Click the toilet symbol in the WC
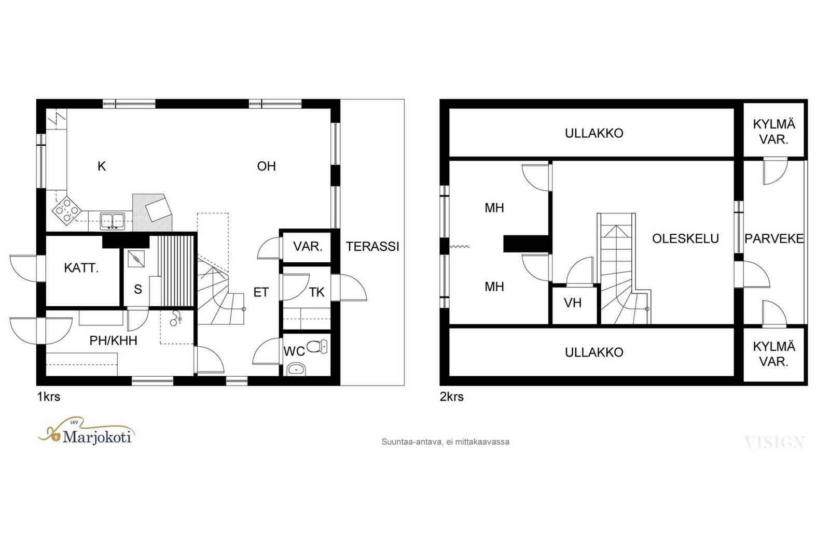pyautogui.click(x=317, y=346)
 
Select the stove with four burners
pyautogui.click(x=67, y=210)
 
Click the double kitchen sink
pyautogui.click(x=112, y=221)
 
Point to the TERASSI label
pyautogui.click(x=372, y=247)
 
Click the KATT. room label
pyautogui.click(x=81, y=268)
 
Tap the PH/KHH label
pyautogui.click(x=114, y=341)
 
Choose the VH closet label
pyautogui.click(x=573, y=303)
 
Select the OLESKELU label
pyautogui.click(x=685, y=239)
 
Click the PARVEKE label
pyautogui.click(x=774, y=239)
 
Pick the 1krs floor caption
pyautogui.click(x=49, y=397)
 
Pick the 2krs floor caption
pyautogui.click(x=452, y=397)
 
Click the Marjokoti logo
pyautogui.click(x=86, y=431)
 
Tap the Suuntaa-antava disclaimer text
pyautogui.click(x=446, y=442)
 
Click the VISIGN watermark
pyautogui.click(x=774, y=442)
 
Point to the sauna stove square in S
pyautogui.click(x=136, y=259)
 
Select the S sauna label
pyautogui.click(x=138, y=289)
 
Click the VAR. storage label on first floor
pyautogui.click(x=308, y=247)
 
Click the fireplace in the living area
pyautogui.click(x=153, y=212)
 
